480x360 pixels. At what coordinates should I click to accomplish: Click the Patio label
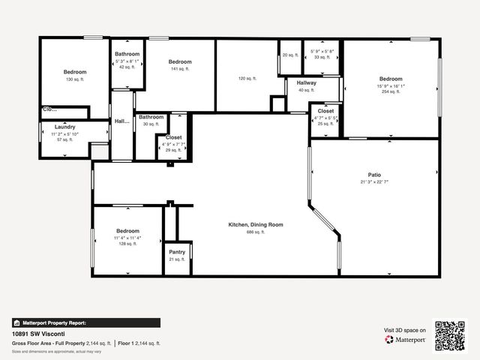click(374, 175)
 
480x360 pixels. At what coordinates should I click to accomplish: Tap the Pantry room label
click(177, 252)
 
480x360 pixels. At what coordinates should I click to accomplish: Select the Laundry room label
click(65, 127)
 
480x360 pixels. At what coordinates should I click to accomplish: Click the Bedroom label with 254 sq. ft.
click(391, 79)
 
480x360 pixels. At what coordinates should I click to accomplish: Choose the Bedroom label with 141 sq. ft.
click(180, 61)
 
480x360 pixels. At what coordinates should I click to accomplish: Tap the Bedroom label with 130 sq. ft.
click(75, 72)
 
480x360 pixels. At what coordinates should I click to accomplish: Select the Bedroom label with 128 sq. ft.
click(127, 231)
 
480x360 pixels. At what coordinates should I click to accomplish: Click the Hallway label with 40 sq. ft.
click(306, 82)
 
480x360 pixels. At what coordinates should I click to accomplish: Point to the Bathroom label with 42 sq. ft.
click(127, 54)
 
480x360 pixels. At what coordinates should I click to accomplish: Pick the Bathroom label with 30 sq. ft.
click(151, 117)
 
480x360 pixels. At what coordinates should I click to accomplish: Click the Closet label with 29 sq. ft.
click(173, 138)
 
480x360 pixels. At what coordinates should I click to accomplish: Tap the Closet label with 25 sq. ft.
click(325, 111)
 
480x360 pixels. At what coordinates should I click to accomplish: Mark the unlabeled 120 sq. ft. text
click(247, 78)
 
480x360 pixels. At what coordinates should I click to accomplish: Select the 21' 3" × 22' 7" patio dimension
click(374, 181)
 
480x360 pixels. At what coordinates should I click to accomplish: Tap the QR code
click(451, 335)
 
